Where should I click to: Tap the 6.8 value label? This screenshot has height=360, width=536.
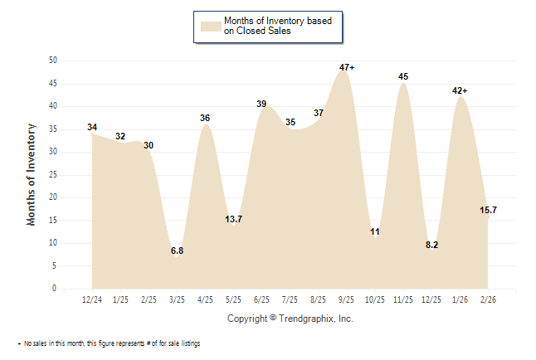(x=177, y=251)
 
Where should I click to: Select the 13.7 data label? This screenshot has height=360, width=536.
(x=234, y=219)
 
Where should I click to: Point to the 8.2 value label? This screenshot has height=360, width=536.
(x=431, y=246)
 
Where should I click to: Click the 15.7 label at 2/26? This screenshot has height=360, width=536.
(x=489, y=210)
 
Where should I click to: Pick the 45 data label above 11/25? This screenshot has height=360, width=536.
(x=403, y=76)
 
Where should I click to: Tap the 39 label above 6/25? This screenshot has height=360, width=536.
(x=261, y=104)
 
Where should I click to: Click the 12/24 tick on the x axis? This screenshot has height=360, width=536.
(x=92, y=299)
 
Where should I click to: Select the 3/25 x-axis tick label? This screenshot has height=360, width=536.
(x=177, y=299)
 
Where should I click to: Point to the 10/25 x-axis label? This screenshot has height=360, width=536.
(x=375, y=299)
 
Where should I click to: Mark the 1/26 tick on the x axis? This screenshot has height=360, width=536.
(x=460, y=299)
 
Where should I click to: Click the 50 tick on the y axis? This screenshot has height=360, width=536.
(x=52, y=61)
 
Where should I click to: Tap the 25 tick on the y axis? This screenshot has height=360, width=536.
(x=52, y=174)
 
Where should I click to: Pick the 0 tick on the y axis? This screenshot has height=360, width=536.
(x=55, y=289)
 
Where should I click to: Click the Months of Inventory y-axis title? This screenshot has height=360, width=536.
(x=32, y=174)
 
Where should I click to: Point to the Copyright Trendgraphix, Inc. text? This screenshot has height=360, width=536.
(x=290, y=319)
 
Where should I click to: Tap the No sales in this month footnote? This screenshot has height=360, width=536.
(x=108, y=343)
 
